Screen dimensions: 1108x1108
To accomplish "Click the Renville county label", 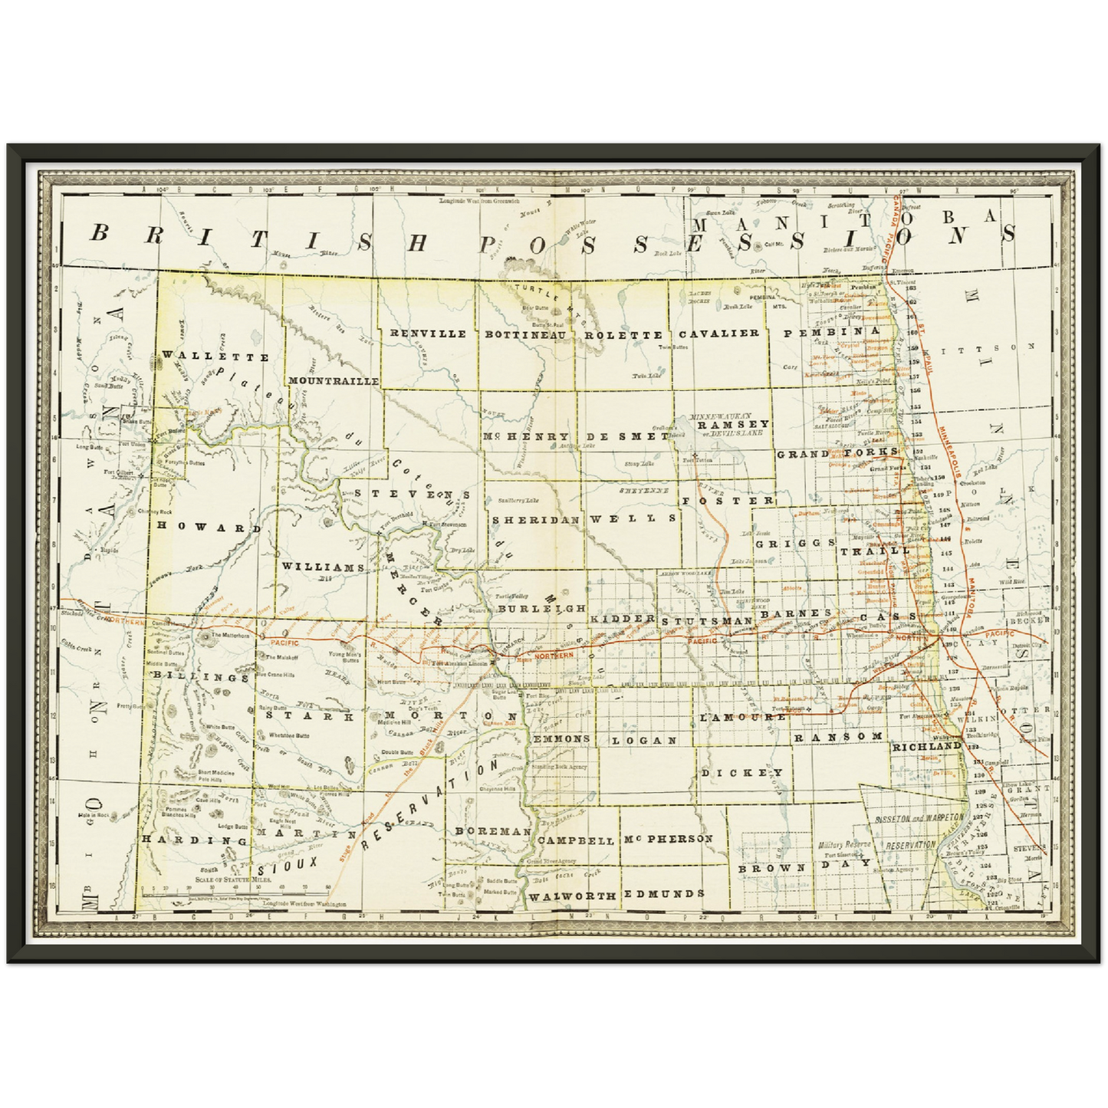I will tap(428, 334).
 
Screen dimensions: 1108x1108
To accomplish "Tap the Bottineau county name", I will tap(525, 334).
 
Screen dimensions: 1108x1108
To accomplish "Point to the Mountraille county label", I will tap(333, 380).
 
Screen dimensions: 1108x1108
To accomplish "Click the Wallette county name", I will tap(215, 357).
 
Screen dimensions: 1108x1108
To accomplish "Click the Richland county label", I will tap(926, 745).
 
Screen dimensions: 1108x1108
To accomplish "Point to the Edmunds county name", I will tap(664, 894).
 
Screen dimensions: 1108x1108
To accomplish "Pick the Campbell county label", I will tap(576, 840).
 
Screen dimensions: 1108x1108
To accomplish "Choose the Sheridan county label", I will tap(535, 519).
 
